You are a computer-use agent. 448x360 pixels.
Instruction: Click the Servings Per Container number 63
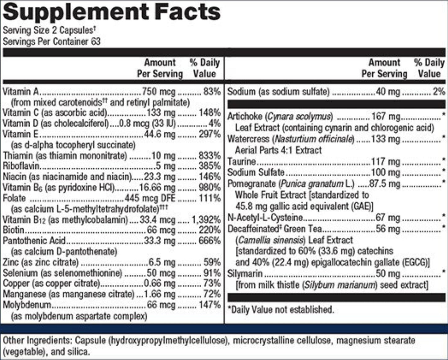point(96,42)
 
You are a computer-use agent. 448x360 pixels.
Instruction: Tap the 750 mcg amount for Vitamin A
point(158,92)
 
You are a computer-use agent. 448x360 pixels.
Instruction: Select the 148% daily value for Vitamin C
point(210,113)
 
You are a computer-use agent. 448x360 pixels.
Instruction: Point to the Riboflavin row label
point(21,166)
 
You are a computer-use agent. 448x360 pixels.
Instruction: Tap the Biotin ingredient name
point(13,230)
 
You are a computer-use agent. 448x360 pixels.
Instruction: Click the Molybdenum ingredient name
point(27,305)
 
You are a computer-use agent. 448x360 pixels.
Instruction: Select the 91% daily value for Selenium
point(212,273)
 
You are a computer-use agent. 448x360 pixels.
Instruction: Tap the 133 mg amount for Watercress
point(385,139)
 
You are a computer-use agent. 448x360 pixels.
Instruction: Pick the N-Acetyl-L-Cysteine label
point(265,218)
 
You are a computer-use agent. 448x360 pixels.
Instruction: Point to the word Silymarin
point(245,274)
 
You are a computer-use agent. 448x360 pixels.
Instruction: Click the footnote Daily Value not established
point(281,309)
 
